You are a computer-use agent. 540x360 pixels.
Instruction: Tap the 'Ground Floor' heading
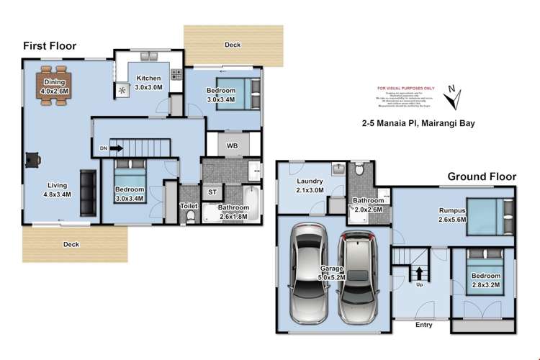(x=482, y=176)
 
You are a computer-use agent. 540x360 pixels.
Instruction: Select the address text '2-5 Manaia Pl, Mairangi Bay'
(x=418, y=123)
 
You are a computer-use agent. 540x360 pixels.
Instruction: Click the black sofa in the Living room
(x=88, y=193)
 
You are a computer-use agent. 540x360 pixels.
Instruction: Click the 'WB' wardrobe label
(x=232, y=146)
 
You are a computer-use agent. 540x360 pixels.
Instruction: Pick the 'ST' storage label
(x=212, y=192)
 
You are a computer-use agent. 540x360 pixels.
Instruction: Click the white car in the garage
(x=309, y=273)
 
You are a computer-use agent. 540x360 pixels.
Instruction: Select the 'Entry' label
(x=423, y=325)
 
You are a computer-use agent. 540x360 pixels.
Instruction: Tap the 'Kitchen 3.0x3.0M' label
(x=149, y=82)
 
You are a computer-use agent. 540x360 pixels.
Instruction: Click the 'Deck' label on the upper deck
(x=232, y=45)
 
